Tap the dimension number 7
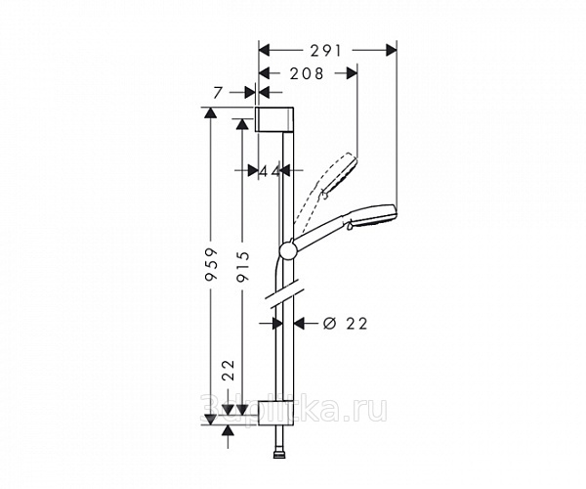click(x=220, y=92)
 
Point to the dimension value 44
click(x=270, y=171)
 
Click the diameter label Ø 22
click(x=343, y=324)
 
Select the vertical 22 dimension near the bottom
click(x=229, y=372)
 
